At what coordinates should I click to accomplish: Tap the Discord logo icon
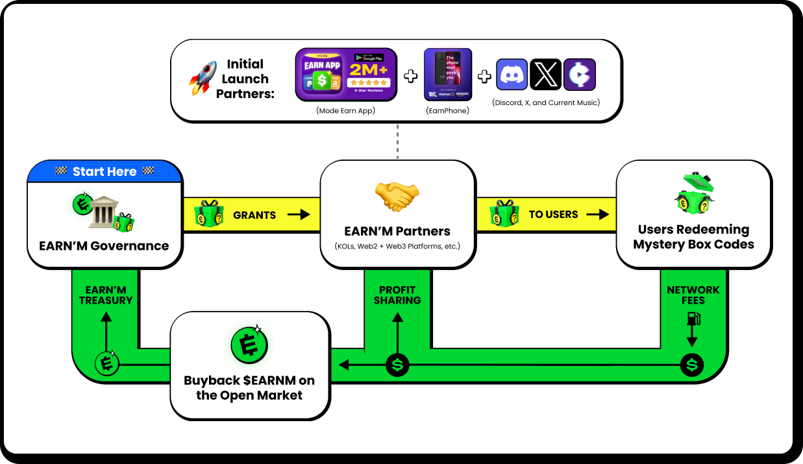coord(512,75)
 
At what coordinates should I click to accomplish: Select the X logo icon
coord(545,75)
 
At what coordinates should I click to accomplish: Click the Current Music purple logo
coord(579,75)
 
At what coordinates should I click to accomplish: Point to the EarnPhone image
coord(447,75)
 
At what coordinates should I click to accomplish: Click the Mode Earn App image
coord(345,75)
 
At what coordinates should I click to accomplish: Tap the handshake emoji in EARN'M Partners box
coord(397,196)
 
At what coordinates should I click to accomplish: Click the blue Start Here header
coord(105,171)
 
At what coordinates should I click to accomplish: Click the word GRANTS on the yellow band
coord(254,215)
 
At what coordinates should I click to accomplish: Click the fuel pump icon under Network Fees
coord(693,319)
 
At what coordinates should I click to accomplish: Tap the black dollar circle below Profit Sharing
coord(397,365)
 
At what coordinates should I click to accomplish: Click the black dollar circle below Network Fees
coord(692,365)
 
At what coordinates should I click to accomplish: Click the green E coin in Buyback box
coord(249,345)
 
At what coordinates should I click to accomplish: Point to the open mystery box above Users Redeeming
coord(693,194)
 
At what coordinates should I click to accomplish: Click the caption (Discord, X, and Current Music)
coord(545,103)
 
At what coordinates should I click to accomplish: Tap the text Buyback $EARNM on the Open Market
coord(249,387)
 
